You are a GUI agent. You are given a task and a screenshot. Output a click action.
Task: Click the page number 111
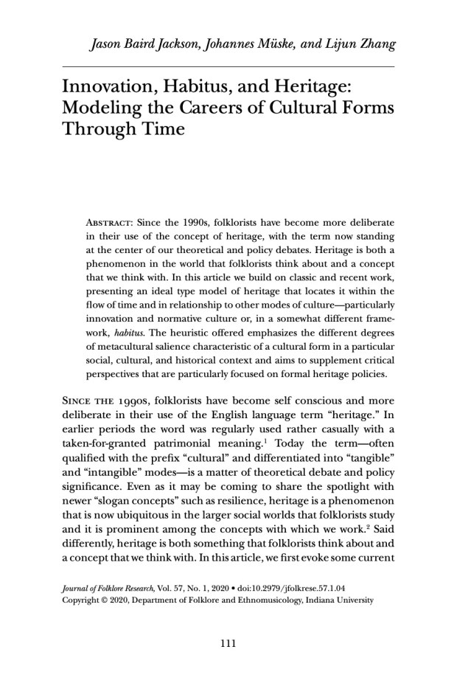point(228,644)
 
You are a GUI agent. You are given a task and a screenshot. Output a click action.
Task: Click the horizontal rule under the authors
point(228,66)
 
